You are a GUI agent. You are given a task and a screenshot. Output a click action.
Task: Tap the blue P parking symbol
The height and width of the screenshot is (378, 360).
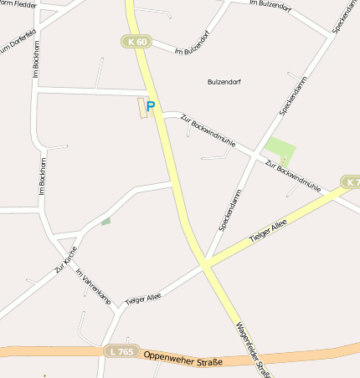point(151,106)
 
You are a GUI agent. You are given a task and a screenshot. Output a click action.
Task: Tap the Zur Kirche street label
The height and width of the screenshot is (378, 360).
point(66,260)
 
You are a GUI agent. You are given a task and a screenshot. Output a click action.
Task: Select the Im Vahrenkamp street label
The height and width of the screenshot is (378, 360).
point(93,285)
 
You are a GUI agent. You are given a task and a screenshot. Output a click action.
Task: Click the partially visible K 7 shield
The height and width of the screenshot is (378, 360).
point(352,181)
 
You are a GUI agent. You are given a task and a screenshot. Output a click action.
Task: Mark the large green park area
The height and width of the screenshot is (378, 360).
point(280,151)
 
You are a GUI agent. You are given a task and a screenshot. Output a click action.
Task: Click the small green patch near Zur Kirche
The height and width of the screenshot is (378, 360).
point(105,222)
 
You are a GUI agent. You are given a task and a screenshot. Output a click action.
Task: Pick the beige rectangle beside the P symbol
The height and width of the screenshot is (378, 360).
point(141,108)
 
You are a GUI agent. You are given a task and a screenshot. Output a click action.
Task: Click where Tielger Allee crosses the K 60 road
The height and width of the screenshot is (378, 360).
point(203,267)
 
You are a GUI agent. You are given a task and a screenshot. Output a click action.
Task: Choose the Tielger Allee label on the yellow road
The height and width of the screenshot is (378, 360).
point(268,228)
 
